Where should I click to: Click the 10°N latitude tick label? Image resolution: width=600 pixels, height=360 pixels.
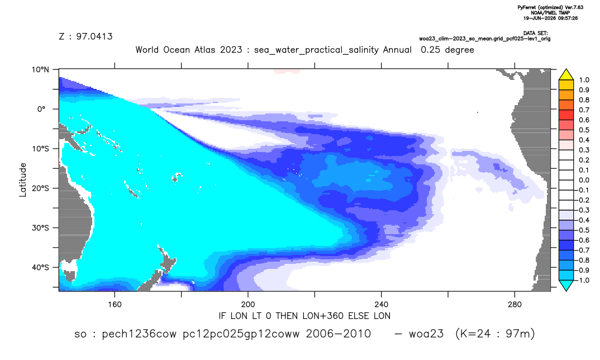pyautogui.click(x=41, y=69)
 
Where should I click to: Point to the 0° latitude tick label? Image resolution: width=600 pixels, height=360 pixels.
pyautogui.click(x=42, y=109)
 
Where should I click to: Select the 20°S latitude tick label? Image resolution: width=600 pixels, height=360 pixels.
pyautogui.click(x=41, y=188)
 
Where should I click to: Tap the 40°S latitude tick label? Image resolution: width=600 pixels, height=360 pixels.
pyautogui.click(x=41, y=267)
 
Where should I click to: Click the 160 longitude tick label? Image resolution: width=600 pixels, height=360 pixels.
pyautogui.click(x=115, y=305)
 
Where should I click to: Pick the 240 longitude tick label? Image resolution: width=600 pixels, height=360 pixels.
pyautogui.click(x=382, y=305)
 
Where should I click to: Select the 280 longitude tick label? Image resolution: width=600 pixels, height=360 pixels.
pyautogui.click(x=515, y=305)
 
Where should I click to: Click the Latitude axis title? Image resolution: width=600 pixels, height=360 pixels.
pyautogui.click(x=23, y=180)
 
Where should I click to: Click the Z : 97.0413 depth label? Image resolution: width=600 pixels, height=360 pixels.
pyautogui.click(x=85, y=36)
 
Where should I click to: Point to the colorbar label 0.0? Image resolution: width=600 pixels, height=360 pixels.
pyautogui.click(x=584, y=180)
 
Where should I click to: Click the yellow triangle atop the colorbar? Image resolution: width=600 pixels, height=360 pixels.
pyautogui.click(x=566, y=75)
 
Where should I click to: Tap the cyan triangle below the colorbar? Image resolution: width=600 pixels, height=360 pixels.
pyautogui.click(x=566, y=285)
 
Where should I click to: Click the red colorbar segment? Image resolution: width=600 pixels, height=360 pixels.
pyautogui.click(x=566, y=115)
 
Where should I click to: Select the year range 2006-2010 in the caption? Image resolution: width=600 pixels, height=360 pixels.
pyautogui.click(x=338, y=334)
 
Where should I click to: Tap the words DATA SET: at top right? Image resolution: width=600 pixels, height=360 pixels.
pyautogui.click(x=535, y=34)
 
